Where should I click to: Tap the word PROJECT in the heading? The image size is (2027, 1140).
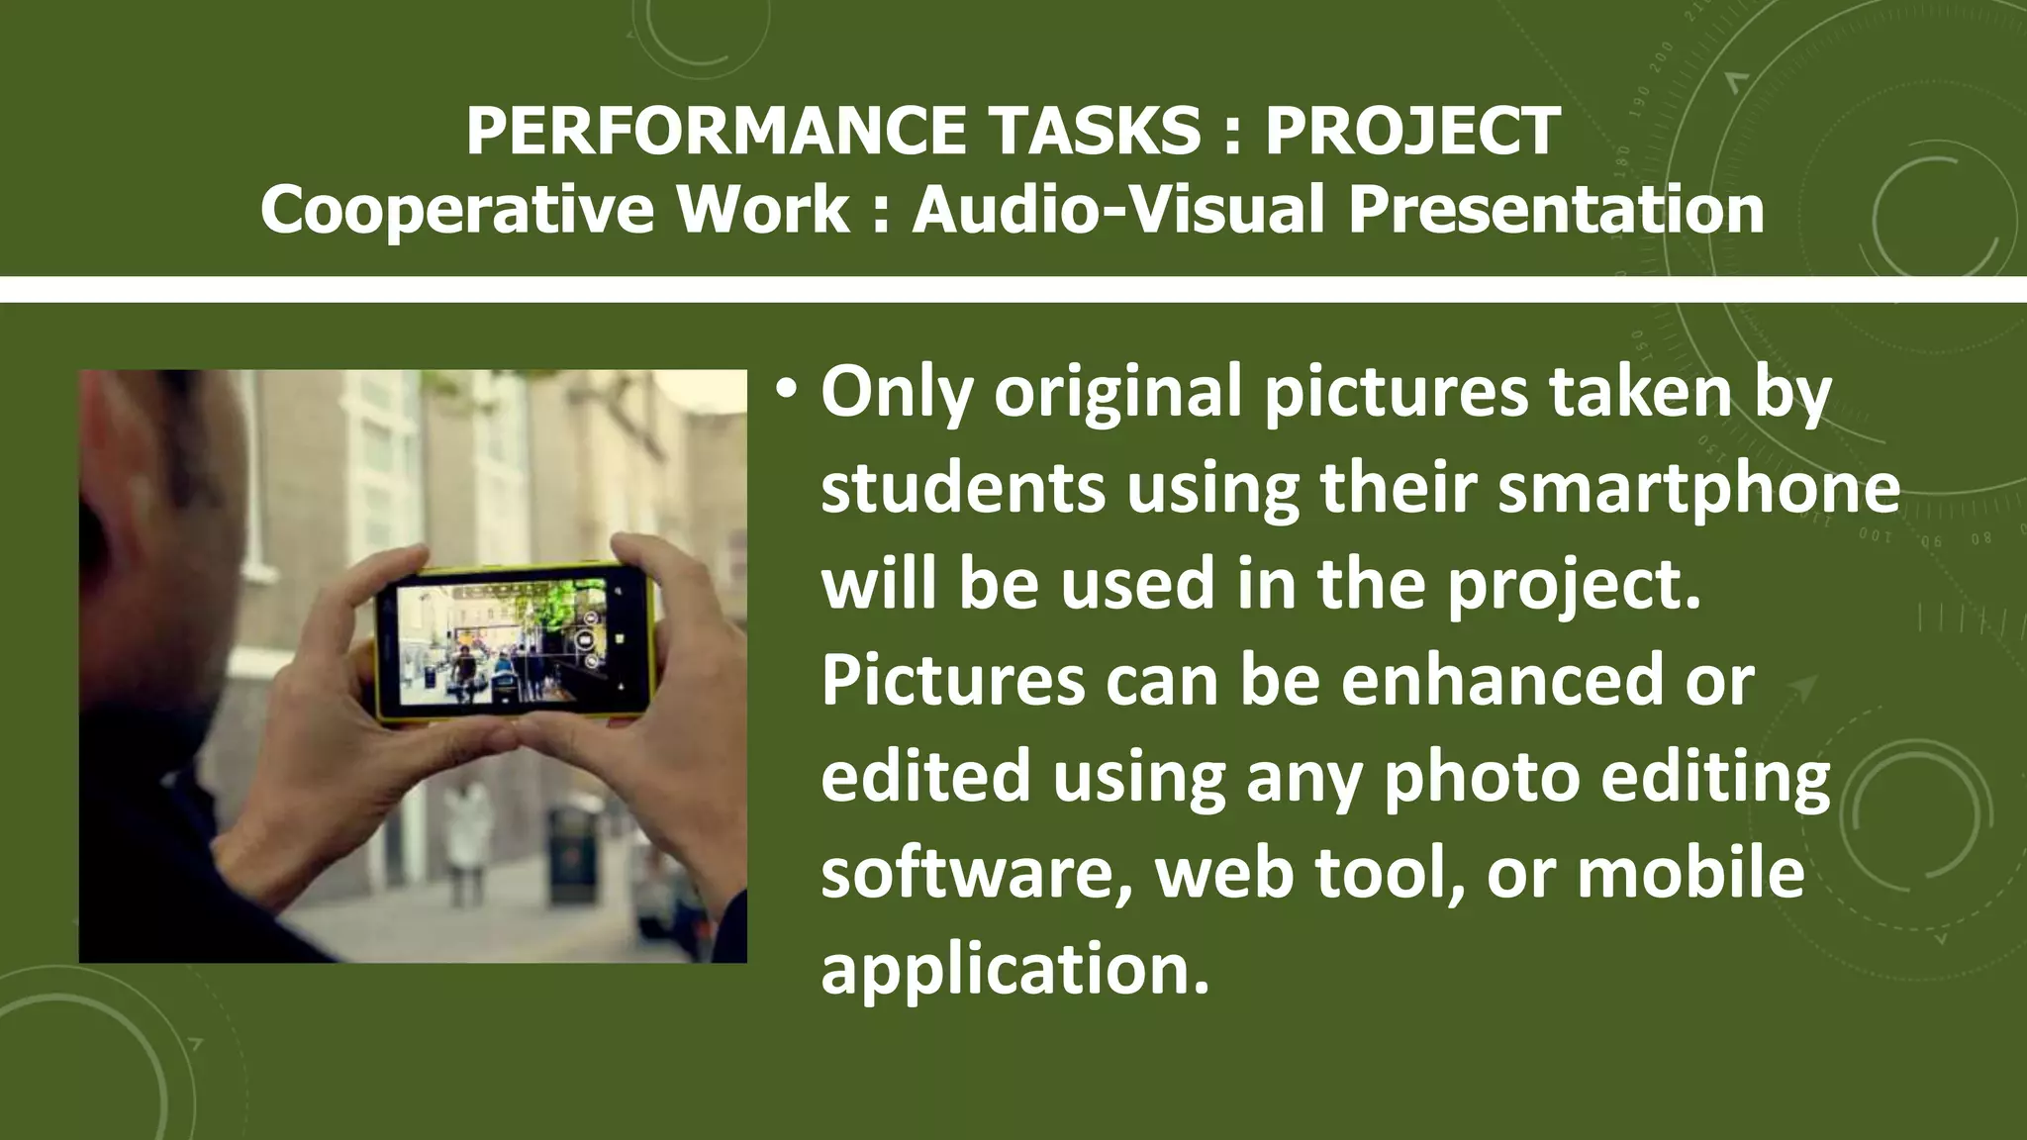coord(1412,132)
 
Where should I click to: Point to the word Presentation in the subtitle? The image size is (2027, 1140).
coord(1556,211)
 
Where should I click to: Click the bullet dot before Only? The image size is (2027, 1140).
coord(786,389)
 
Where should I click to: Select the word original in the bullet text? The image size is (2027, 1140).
coord(1117,393)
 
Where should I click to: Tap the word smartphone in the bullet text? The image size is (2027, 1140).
coord(1698,489)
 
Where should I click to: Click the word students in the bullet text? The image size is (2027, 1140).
coord(963,489)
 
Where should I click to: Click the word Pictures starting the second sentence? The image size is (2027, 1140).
coord(952,681)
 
